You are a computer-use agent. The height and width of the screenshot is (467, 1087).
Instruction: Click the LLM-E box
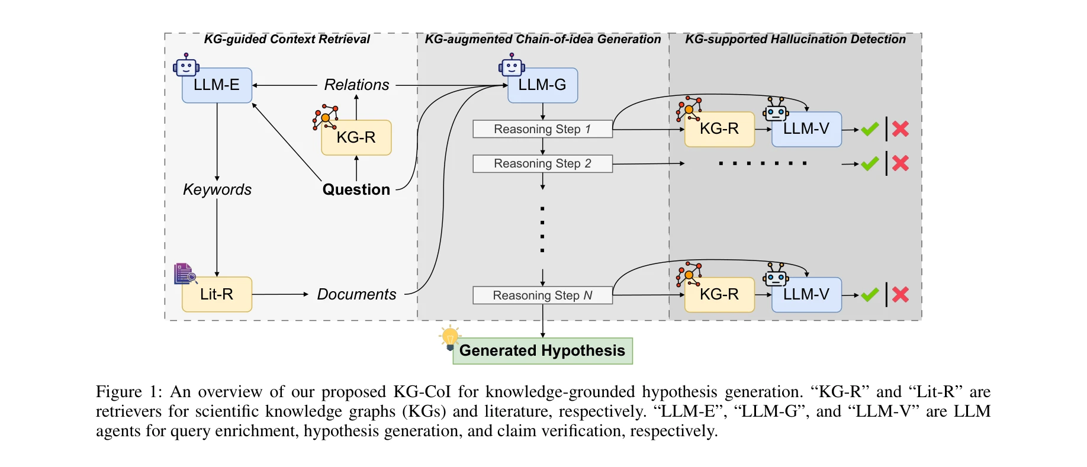[x=217, y=85]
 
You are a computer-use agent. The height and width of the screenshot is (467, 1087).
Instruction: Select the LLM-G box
[x=542, y=85]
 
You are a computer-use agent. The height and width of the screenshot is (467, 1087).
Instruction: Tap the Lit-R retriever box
[x=217, y=294]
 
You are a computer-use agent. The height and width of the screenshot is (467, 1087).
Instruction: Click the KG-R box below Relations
[x=356, y=137]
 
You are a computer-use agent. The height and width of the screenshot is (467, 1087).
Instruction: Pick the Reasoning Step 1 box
[x=542, y=129]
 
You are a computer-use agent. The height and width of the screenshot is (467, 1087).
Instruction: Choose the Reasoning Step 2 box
[x=542, y=163]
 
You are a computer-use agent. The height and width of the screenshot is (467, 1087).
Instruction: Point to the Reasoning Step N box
[x=542, y=295]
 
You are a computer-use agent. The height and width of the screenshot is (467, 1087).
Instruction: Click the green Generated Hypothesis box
[x=542, y=350]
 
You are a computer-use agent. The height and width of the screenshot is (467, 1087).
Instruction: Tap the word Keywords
[x=217, y=189]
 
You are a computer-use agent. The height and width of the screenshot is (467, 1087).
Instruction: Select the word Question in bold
[x=356, y=189]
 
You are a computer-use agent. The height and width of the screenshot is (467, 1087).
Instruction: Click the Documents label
[x=356, y=294]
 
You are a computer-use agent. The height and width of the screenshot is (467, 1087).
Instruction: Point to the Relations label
[x=356, y=85]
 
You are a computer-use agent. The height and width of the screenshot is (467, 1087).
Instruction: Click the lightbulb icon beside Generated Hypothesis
[x=450, y=337]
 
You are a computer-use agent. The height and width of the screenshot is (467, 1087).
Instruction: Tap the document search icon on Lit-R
[x=185, y=273]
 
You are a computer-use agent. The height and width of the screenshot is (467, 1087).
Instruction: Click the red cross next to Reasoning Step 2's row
[x=901, y=163]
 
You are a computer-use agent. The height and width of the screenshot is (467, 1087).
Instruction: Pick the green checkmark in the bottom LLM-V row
[x=870, y=294]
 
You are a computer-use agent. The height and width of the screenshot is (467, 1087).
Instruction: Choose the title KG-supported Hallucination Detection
[x=795, y=39]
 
